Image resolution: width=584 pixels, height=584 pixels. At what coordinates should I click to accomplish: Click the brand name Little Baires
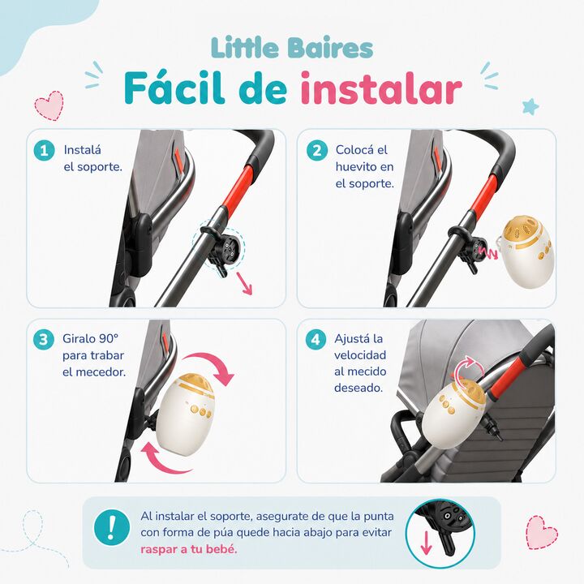(x=292, y=49)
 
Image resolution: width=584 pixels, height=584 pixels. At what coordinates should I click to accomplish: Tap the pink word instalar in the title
(x=381, y=88)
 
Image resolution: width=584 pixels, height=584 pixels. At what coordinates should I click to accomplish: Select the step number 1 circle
(x=45, y=151)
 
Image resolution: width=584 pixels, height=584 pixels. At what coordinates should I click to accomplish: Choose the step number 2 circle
(x=317, y=151)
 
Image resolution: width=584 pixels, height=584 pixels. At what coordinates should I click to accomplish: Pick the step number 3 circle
(x=44, y=339)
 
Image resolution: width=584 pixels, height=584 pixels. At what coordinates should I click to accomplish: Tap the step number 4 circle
(x=316, y=339)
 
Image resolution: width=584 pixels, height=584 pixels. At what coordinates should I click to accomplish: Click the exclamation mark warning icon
(x=112, y=527)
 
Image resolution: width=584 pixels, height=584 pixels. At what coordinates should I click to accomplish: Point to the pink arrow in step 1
(x=245, y=284)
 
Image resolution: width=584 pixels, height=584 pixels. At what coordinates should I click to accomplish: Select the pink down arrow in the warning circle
(x=426, y=543)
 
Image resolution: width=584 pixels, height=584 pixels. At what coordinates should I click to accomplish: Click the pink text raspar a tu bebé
(x=189, y=549)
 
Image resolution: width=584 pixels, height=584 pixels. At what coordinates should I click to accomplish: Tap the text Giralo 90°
(x=91, y=338)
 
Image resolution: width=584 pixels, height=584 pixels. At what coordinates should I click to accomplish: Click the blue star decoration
(x=530, y=106)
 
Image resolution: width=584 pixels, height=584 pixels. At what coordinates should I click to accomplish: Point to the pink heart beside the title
(x=49, y=105)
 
